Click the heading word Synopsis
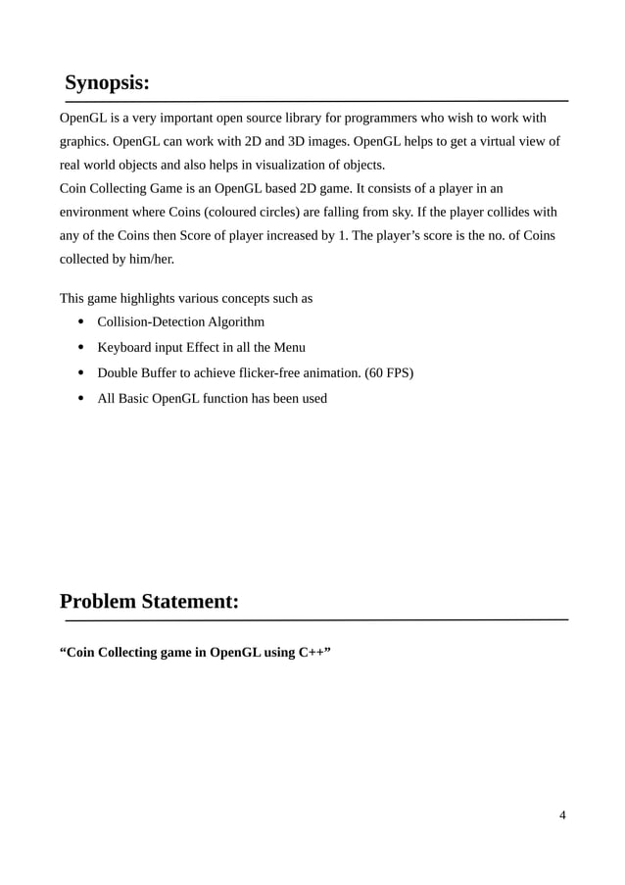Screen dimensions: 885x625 point(107,82)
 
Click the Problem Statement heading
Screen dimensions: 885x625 point(149,601)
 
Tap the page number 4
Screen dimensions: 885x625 point(562,814)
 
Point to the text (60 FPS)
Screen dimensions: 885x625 point(389,372)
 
